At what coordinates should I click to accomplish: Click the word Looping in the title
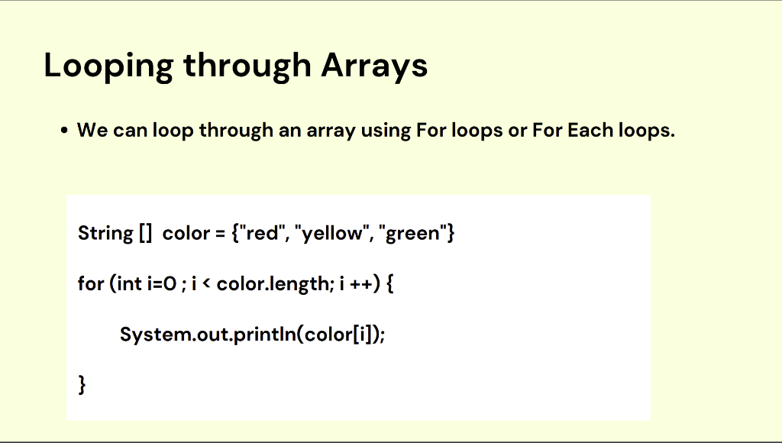click(x=108, y=66)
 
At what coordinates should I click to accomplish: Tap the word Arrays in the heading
click(x=374, y=66)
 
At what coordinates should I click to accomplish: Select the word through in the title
click(x=247, y=66)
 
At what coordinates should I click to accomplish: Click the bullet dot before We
click(x=64, y=131)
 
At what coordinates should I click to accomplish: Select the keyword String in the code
click(x=105, y=233)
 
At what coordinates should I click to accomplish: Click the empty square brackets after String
click(x=146, y=233)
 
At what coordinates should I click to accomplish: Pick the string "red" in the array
click(x=262, y=232)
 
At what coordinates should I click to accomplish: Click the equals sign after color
click(x=221, y=234)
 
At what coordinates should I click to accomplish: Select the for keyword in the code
click(x=91, y=283)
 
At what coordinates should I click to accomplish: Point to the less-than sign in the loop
click(x=206, y=283)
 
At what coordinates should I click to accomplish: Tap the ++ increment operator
click(x=361, y=284)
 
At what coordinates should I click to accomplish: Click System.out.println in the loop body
click(x=208, y=334)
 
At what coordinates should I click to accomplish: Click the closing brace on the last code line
click(x=82, y=385)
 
